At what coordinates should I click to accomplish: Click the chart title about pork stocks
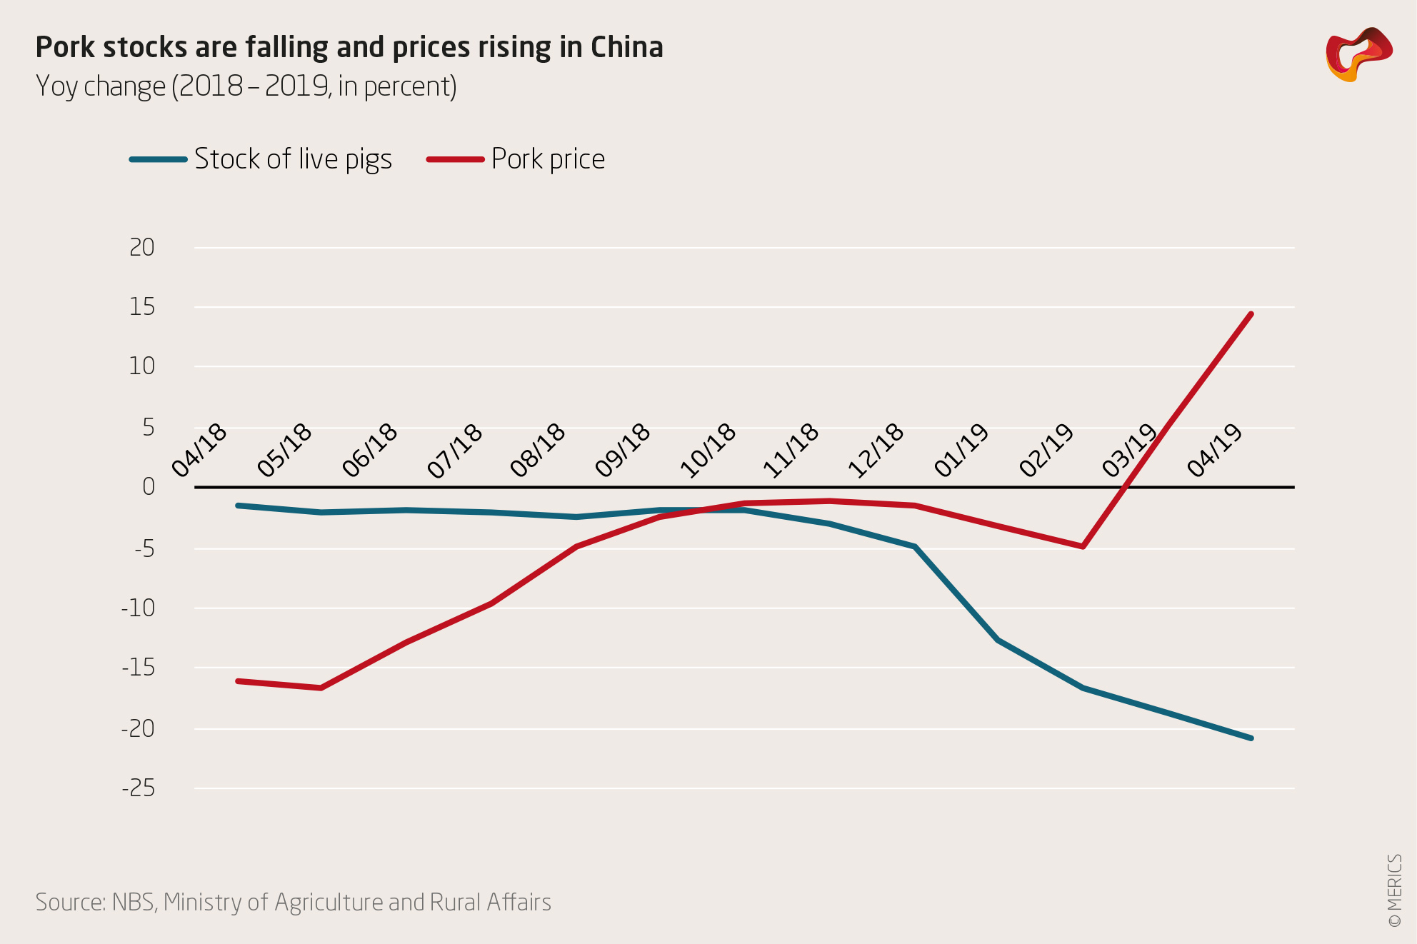(x=349, y=47)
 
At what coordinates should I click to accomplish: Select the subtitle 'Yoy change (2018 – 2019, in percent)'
(x=246, y=86)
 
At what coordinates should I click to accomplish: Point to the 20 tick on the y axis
(x=142, y=247)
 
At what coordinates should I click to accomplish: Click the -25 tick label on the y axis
(x=139, y=788)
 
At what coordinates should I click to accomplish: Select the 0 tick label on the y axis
(x=149, y=486)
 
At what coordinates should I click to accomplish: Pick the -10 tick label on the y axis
(x=139, y=608)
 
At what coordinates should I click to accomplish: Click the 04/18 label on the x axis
(x=200, y=450)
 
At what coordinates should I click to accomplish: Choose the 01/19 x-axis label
(x=962, y=450)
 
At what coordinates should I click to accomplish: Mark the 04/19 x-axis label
(x=1216, y=450)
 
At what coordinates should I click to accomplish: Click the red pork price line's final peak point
(x=1251, y=314)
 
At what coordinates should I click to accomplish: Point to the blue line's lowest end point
(x=1251, y=738)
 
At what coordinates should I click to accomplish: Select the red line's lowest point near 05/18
(x=321, y=688)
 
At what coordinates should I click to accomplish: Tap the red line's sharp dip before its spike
(x=1083, y=546)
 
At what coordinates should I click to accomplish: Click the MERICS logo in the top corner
(x=1358, y=54)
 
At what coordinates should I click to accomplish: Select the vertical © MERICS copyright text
(x=1394, y=890)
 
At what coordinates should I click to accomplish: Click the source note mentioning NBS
(x=293, y=902)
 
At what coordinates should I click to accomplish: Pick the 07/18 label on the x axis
(x=456, y=450)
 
